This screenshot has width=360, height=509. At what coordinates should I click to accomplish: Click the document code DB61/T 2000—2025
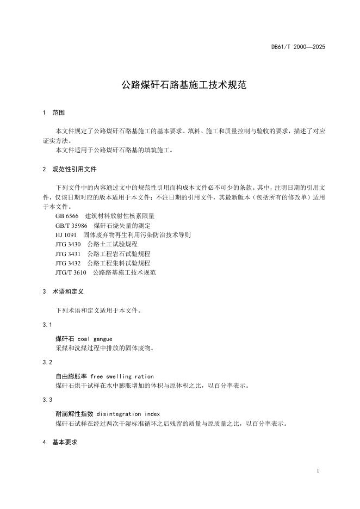[298, 47]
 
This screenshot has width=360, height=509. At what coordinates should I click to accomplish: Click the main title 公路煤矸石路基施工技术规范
[184, 85]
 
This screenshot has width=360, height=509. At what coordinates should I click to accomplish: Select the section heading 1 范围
[54, 113]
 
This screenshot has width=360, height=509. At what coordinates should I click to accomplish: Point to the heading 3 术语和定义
[63, 291]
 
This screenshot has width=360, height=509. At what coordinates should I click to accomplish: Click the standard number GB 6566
[67, 216]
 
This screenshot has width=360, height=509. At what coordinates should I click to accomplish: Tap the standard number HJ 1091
[66, 235]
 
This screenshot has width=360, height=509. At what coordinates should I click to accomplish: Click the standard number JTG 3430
[68, 244]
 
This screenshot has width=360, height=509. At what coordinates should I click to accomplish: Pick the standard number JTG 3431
[68, 253]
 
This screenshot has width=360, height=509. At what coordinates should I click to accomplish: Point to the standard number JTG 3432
[68, 263]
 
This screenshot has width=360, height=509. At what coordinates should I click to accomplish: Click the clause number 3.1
[47, 325]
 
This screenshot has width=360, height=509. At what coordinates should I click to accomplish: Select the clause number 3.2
[47, 362]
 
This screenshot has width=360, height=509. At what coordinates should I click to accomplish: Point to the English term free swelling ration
[122, 376]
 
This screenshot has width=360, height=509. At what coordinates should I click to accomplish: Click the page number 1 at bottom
[317, 470]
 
